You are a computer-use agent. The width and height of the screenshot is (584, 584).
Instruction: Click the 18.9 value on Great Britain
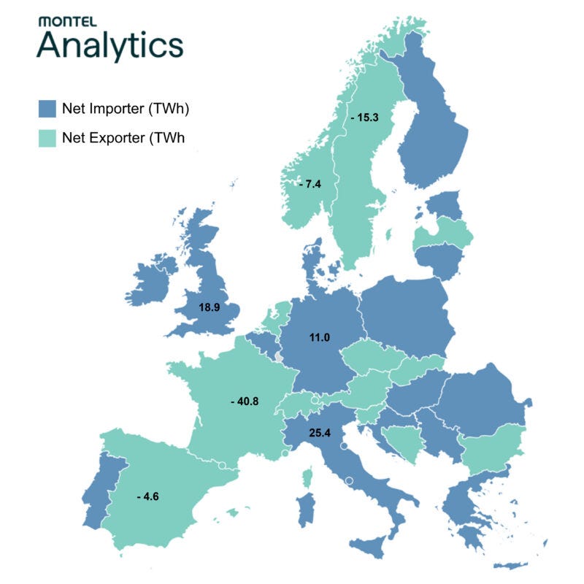(x=210, y=308)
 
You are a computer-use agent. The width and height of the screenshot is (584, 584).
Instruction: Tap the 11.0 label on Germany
(x=318, y=337)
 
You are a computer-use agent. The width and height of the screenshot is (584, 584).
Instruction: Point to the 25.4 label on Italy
(x=320, y=433)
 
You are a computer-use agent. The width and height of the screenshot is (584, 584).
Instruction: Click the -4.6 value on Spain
(x=147, y=497)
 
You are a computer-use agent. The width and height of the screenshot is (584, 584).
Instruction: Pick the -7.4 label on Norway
(x=310, y=184)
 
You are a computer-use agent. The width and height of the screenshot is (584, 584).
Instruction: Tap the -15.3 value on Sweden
(x=363, y=116)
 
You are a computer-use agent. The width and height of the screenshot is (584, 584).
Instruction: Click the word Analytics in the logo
(x=110, y=45)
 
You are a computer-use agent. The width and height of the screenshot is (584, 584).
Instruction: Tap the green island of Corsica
(x=307, y=478)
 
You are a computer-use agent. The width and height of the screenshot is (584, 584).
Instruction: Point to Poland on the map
(x=405, y=314)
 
